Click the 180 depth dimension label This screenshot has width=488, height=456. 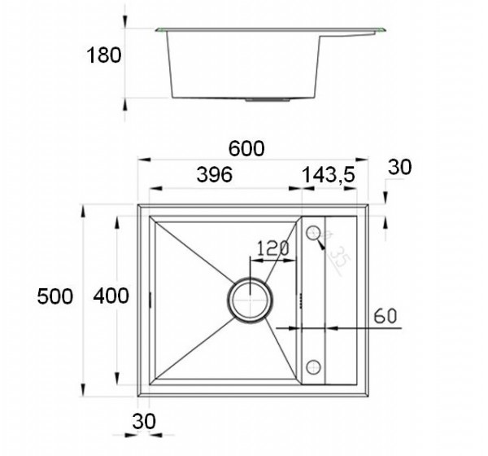pyautogui.click(x=103, y=55)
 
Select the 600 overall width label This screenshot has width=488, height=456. pyautogui.click(x=246, y=149)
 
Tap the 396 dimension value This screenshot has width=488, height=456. pyautogui.click(x=215, y=174)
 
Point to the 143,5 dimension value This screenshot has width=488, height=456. pyautogui.click(x=329, y=175)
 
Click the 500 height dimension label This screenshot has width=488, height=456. pyautogui.click(x=55, y=296)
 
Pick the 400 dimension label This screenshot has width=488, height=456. pyautogui.click(x=111, y=296)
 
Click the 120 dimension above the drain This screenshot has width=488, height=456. pyautogui.click(x=273, y=248)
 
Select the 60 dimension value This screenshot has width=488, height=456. pyautogui.click(x=386, y=316)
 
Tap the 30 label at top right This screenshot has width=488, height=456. pyautogui.click(x=400, y=167)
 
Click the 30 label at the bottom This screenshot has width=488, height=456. pyautogui.click(x=144, y=422)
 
